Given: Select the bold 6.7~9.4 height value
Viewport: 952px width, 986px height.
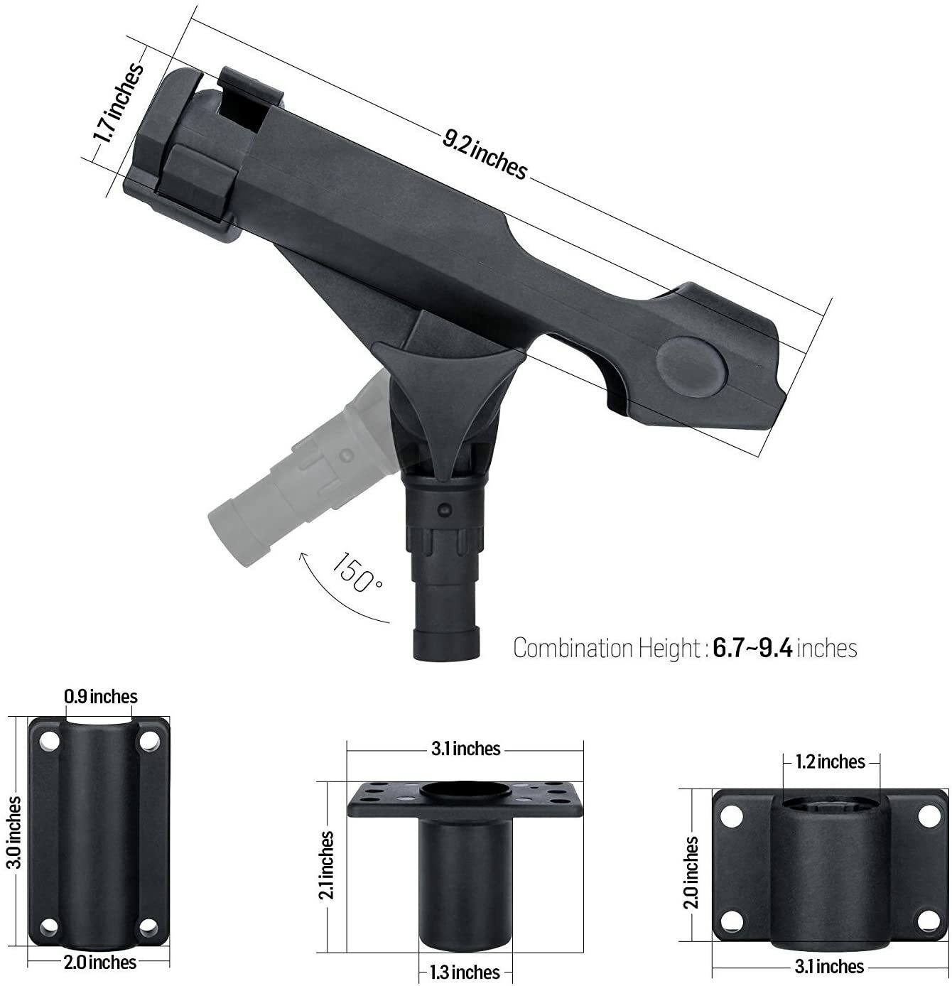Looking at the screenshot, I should pos(752,649).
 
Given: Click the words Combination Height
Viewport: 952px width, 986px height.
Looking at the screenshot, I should pos(606,649).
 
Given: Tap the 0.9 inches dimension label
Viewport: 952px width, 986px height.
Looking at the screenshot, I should pos(101,696).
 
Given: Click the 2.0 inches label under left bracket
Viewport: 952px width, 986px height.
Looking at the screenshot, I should pos(99,963).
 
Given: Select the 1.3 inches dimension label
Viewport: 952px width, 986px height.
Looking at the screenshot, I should pos(465,972).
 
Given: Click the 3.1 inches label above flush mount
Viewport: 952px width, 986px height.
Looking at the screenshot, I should pos(466,749).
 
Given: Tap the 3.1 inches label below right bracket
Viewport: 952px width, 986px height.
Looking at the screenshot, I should pos(829,967).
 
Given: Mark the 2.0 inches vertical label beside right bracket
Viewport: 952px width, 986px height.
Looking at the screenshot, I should pos(692,872).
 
